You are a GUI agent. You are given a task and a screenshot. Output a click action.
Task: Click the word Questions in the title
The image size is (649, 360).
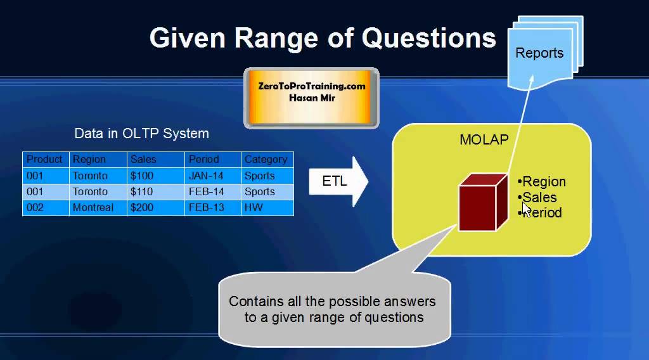coord(429,39)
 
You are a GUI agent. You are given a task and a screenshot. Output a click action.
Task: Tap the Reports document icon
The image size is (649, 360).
coord(545,53)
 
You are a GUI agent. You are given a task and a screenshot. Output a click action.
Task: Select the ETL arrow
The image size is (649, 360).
coord(338,181)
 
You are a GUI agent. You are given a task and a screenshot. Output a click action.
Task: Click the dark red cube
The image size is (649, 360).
coord(483,202)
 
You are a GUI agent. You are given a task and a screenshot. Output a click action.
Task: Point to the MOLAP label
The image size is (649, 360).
coord(484,139)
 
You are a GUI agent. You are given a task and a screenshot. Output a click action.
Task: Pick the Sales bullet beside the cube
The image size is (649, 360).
coord(537,197)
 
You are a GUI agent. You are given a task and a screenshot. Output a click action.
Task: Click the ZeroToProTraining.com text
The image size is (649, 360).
coord(312,86)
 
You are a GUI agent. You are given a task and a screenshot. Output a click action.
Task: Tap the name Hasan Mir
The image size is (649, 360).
coord(312,98)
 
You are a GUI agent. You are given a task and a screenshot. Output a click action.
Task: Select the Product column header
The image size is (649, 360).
coord(44,159)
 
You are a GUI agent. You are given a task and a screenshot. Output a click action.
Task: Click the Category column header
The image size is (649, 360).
coord(266,160)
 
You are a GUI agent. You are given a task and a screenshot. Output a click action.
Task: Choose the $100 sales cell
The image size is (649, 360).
coord(141,176)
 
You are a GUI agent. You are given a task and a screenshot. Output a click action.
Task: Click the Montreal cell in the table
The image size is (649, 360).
coord(93,207)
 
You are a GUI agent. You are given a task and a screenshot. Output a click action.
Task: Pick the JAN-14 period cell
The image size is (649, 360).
coord(206,176)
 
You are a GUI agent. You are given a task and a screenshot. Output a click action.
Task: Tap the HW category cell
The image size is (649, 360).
coord(254,207)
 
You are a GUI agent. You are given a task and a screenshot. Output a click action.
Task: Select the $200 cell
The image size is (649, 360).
coord(141,207)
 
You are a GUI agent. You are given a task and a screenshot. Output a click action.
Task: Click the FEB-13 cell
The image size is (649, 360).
coord(206,207)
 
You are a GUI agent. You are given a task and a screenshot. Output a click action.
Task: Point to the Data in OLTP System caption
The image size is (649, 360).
coord(141,134)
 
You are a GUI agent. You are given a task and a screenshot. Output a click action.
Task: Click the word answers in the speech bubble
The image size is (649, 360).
coord(410,301)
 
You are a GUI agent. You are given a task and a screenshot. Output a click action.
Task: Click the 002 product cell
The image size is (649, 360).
coord(35,207)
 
